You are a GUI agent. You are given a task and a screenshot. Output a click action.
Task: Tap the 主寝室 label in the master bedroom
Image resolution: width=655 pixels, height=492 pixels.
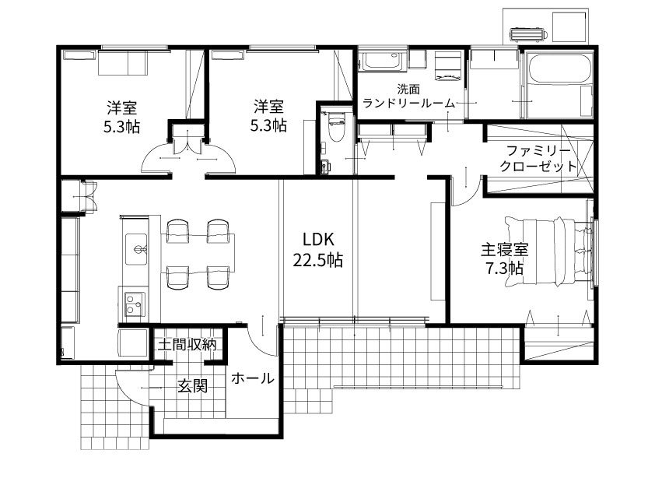505,250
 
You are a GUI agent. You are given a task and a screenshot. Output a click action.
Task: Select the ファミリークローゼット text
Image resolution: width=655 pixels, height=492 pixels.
538,159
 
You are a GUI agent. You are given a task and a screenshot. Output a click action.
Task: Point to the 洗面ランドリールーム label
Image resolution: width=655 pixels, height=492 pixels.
408,97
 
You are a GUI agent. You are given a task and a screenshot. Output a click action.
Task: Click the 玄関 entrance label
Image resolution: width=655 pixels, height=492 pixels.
193,385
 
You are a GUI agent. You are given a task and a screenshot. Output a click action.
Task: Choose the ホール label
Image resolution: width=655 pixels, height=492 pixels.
253,378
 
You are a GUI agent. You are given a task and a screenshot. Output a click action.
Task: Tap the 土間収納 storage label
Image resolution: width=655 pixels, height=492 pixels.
187,345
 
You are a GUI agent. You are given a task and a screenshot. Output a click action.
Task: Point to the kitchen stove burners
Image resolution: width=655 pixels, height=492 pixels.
134,304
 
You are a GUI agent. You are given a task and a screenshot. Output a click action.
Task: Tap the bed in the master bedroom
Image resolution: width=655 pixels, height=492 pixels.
549,251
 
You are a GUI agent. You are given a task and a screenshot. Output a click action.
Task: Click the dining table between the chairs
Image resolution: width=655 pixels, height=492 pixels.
198,254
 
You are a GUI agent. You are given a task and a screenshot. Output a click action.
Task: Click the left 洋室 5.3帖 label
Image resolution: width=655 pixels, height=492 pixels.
121,117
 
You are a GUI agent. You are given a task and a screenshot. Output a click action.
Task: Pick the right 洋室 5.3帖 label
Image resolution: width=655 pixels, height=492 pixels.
268,116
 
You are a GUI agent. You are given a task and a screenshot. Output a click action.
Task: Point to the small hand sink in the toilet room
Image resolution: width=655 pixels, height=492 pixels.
325,167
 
